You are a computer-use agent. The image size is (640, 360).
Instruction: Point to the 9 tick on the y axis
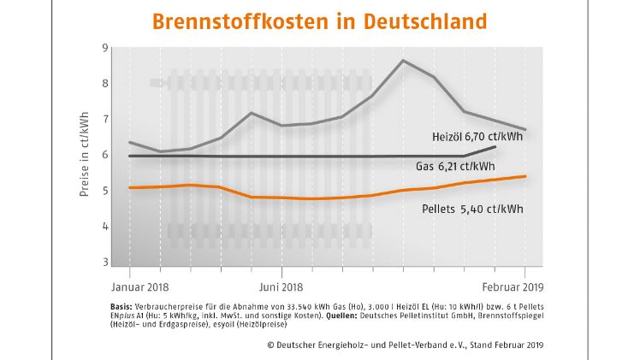point(104,48)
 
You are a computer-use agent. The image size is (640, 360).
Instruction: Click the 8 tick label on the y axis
point(104,84)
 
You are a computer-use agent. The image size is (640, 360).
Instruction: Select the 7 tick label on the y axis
point(104,119)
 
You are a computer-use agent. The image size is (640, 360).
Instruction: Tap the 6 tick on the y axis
point(104,155)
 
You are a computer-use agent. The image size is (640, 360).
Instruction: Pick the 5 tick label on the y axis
point(104,191)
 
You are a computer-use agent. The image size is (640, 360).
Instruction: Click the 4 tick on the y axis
point(104,227)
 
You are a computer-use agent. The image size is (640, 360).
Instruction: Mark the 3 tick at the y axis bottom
point(104,262)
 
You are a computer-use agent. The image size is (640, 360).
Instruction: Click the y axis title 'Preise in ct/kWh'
point(85,155)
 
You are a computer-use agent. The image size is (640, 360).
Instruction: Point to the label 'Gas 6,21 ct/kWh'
point(458,167)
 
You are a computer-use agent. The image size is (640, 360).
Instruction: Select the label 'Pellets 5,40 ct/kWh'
point(471,208)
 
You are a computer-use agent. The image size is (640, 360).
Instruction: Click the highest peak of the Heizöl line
point(403,61)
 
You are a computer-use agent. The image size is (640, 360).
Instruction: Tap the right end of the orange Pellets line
point(525,176)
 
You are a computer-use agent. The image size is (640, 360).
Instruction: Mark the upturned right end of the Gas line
point(495,147)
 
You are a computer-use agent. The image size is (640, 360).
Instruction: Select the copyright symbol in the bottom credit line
point(270,345)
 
